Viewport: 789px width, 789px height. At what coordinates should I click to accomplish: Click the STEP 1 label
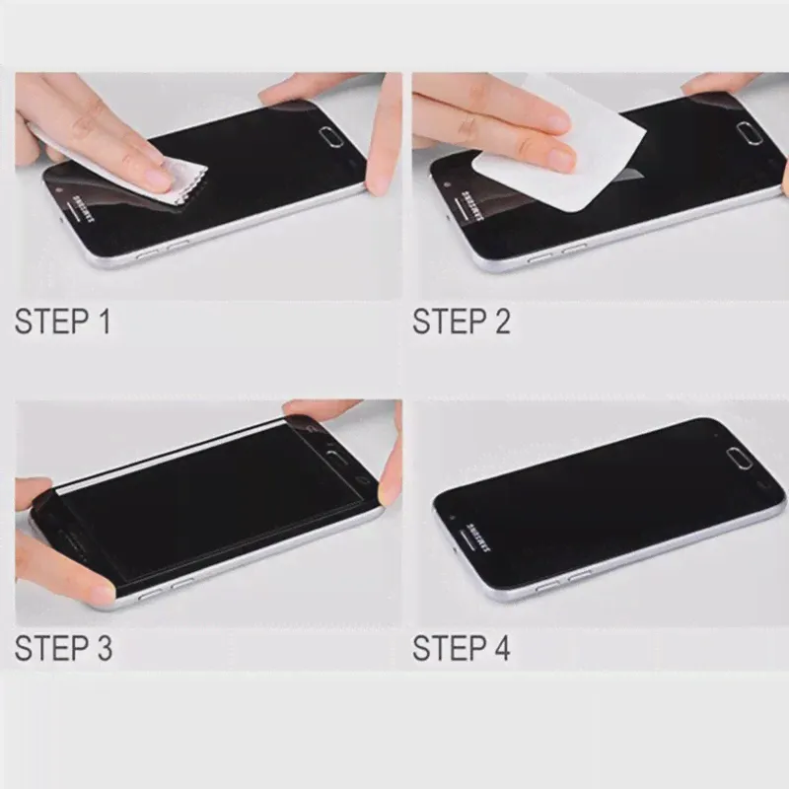(62, 322)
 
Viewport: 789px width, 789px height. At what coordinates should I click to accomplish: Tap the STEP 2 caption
(462, 322)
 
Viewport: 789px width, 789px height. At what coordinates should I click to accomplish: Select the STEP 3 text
(63, 648)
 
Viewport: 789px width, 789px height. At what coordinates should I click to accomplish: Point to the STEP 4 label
(462, 648)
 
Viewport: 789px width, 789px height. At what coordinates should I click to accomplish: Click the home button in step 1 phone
(331, 136)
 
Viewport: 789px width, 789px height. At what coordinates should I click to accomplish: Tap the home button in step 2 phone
(750, 133)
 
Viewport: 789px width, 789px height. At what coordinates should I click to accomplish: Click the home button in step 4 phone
(739, 459)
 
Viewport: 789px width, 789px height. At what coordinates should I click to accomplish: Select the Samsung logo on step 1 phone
(85, 207)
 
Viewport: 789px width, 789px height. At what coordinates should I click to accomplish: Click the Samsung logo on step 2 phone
(473, 205)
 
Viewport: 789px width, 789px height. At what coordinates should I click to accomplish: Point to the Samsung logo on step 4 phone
(478, 537)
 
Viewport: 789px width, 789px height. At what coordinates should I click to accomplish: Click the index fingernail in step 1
(157, 179)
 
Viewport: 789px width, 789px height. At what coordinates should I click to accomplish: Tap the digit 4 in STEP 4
(501, 648)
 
